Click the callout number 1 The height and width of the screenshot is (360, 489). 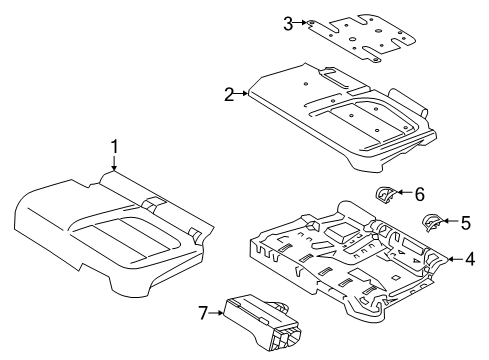click(x=114, y=148)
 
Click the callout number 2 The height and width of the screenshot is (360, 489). click(x=229, y=95)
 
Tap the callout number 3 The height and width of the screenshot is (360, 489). click(x=288, y=23)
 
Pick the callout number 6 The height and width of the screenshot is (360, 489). click(x=420, y=194)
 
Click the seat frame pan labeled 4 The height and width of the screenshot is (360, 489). click(x=340, y=270)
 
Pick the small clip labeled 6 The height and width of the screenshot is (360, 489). click(x=386, y=194)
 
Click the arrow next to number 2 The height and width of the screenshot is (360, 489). click(x=241, y=95)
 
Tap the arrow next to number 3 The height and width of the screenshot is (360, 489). click(x=301, y=23)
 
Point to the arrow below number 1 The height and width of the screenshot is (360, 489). click(x=114, y=166)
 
